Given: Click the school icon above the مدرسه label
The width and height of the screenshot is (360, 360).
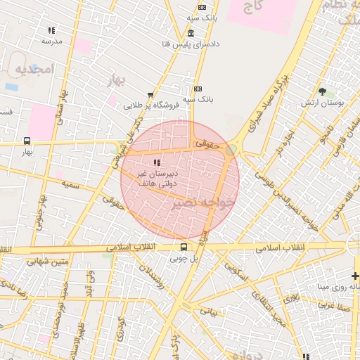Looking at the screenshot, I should pyautogui.click(x=51, y=30).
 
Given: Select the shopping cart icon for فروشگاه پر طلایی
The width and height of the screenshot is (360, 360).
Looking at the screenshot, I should pyautogui.click(x=150, y=95).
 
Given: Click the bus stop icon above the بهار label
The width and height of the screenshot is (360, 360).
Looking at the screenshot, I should pyautogui.click(x=27, y=141).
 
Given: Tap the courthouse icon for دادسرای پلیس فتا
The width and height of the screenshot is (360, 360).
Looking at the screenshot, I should pyautogui.click(x=191, y=34).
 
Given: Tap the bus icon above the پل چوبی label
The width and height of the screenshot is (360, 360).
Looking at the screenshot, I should pyautogui.click(x=184, y=247).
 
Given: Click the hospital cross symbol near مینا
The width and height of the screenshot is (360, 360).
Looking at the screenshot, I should pyautogui.click(x=355, y=276).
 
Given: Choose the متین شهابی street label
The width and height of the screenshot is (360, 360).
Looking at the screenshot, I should pyautogui.click(x=49, y=262).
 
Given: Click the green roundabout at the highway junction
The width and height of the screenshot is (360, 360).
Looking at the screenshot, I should pyautogui.click(x=231, y=150).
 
